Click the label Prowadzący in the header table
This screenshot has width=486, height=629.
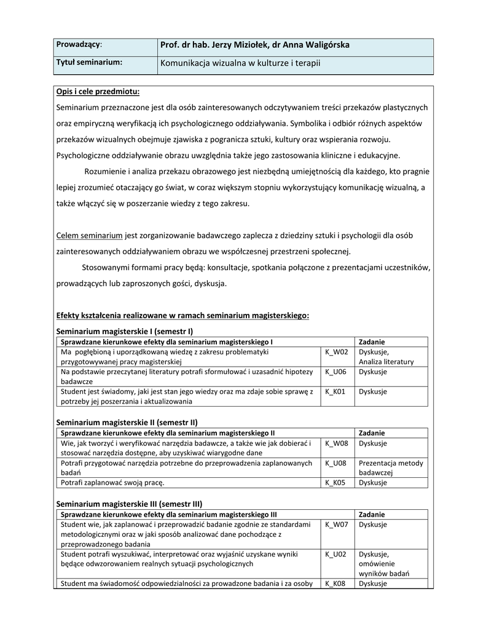point(79,45)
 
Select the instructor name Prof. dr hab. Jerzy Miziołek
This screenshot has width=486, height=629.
point(214,45)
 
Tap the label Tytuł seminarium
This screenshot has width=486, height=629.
point(89,62)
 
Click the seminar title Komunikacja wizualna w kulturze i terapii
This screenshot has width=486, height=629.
point(240,63)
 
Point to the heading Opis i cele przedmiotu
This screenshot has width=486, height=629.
point(98,92)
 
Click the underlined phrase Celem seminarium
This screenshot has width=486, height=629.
point(89,235)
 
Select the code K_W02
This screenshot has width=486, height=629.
point(336,352)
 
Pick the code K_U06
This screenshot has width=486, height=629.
point(335,372)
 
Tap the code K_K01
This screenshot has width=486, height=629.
point(335,391)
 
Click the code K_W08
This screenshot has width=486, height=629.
point(336,443)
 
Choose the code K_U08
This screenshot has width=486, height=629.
point(335,463)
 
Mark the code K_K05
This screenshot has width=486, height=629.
point(335,483)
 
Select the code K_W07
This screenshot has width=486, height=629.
point(336,525)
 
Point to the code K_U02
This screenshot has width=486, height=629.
point(335,554)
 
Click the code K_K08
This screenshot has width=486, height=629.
point(335,584)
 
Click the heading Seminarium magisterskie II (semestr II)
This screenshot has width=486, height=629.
point(127,423)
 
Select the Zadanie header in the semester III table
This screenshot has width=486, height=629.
point(372,514)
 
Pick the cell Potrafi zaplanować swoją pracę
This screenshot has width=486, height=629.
point(113,483)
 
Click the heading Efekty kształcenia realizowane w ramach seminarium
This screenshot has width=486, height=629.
point(182,316)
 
